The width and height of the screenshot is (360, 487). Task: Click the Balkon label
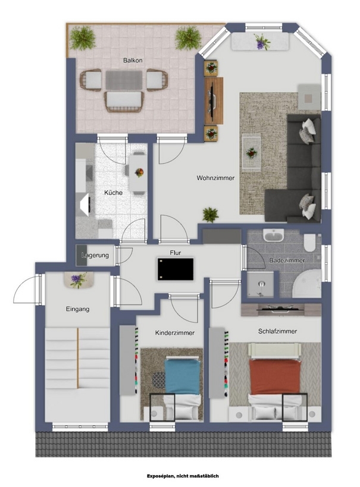(x=133, y=60)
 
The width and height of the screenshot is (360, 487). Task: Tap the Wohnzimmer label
(x=215, y=178)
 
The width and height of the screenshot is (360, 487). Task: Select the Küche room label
(x=113, y=193)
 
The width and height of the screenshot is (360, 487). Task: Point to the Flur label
(x=176, y=253)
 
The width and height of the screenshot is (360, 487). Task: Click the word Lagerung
(x=95, y=256)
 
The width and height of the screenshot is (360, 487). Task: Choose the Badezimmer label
(x=287, y=260)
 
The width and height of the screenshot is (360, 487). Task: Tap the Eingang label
(x=78, y=309)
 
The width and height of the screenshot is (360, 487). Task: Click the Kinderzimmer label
(x=175, y=332)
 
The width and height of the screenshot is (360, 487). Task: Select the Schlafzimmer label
(x=277, y=331)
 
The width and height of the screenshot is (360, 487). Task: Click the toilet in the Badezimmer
(x=309, y=243)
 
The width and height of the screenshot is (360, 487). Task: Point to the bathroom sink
(x=273, y=235)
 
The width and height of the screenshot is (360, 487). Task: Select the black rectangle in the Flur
(x=176, y=269)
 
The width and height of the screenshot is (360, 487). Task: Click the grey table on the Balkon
(x=124, y=80)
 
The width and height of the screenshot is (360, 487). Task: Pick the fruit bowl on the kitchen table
(x=139, y=172)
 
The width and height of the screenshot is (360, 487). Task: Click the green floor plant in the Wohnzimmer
(x=211, y=215)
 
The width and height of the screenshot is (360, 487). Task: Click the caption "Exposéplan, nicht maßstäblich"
(x=183, y=476)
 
